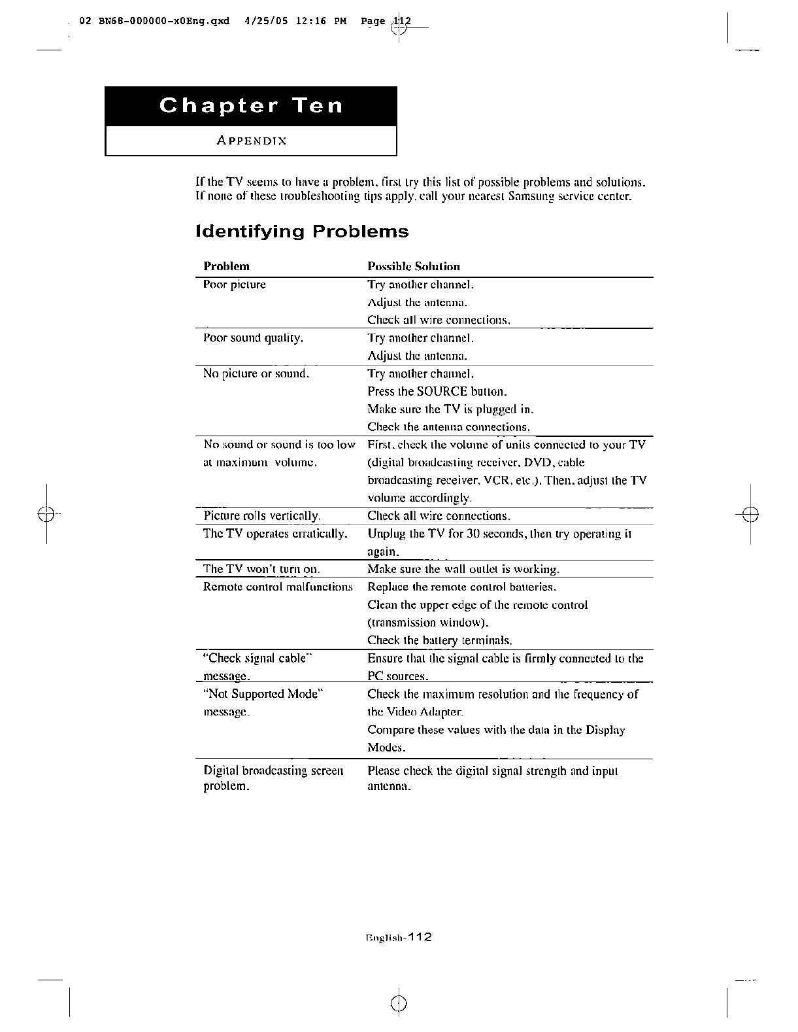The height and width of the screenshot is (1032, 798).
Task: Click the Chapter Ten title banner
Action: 251,106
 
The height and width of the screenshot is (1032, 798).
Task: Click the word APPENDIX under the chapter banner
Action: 252,141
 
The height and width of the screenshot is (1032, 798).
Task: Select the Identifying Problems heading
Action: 302,232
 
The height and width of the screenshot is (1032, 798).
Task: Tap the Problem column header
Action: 226,266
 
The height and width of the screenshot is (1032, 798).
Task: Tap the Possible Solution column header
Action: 414,266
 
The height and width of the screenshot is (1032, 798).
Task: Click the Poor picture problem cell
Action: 235,284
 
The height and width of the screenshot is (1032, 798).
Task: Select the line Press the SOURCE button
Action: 437,392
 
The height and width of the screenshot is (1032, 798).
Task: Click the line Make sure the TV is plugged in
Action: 450,409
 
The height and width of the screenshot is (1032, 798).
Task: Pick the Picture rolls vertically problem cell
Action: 261,516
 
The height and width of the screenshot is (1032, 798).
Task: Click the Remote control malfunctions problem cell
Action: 278,587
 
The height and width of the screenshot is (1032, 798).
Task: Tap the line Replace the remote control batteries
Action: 461,587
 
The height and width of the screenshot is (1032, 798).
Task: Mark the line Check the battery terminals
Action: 439,640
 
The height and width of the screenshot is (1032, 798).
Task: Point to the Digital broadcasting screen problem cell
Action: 273,778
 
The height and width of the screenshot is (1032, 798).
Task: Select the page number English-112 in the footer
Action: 399,937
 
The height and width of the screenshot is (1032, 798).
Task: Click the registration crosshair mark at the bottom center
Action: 399,1004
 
